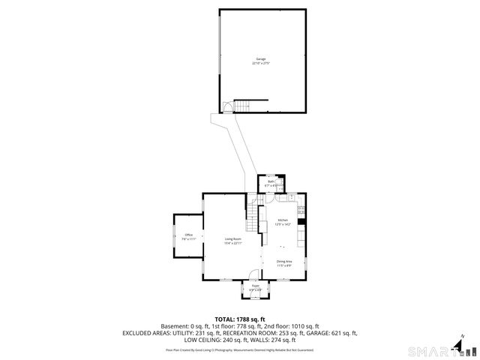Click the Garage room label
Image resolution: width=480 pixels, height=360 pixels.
click(x=260, y=58)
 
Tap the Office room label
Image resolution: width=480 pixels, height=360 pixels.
click(x=188, y=235)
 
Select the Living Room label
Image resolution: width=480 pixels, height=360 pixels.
click(x=232, y=238)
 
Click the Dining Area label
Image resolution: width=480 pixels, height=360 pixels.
click(x=284, y=261)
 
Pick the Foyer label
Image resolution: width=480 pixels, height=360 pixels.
click(x=255, y=286)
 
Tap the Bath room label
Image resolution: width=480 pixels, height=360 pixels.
click(x=271, y=181)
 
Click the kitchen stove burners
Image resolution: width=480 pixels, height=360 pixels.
click(x=301, y=210)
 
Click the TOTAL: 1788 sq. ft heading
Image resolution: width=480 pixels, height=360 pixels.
click(x=240, y=319)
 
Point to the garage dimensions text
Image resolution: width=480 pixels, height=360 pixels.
click(x=260, y=64)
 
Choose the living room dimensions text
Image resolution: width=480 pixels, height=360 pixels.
click(x=232, y=243)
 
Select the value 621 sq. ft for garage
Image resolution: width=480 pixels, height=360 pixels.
click(x=344, y=333)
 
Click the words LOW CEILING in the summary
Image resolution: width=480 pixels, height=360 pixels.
click(x=205, y=340)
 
